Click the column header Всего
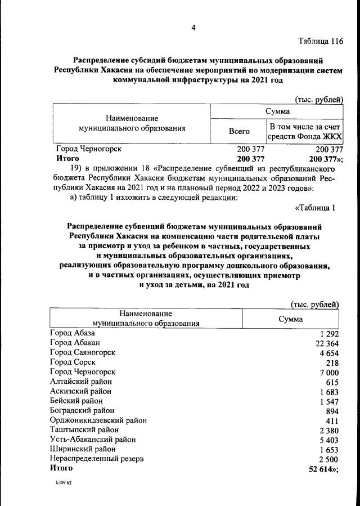click(x=239, y=131)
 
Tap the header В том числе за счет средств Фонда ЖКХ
click(x=305, y=131)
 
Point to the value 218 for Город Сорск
click(x=331, y=362)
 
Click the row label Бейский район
click(x=76, y=401)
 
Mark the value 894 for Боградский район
click(x=331, y=411)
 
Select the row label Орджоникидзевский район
click(x=98, y=420)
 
